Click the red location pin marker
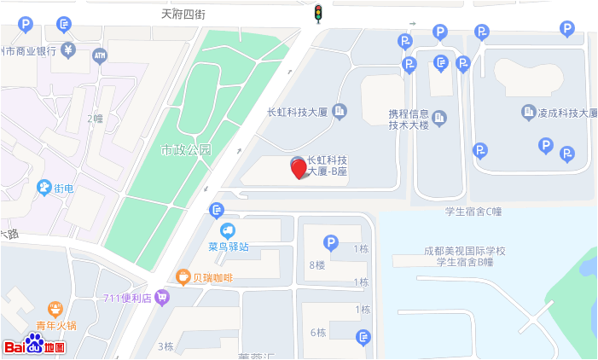tap(299, 168)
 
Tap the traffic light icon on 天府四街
tap(317, 14)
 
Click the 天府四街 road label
tap(183, 15)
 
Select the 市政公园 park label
tap(186, 150)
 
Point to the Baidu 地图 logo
tap(34, 345)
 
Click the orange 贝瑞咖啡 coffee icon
tap(182, 276)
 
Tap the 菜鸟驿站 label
tap(229, 247)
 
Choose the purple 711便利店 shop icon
tap(163, 299)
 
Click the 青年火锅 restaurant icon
tap(55, 308)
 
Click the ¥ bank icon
tap(68, 50)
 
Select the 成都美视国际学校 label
tap(465, 251)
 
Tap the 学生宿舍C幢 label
tap(473, 212)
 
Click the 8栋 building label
tap(316, 265)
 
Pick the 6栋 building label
tap(318, 332)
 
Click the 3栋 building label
tap(165, 346)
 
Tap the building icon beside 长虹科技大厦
tap(340, 111)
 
